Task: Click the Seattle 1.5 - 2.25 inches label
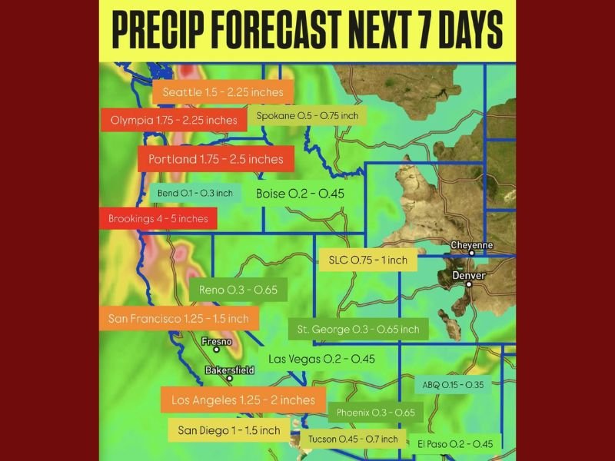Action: (x=223, y=92)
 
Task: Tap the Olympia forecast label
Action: (x=174, y=120)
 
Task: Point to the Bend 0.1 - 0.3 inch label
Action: (x=194, y=193)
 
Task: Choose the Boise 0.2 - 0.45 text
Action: (x=299, y=194)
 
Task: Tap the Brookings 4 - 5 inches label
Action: (x=158, y=218)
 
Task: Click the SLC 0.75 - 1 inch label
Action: (x=367, y=260)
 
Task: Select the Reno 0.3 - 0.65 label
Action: (x=238, y=290)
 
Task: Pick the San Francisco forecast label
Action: (x=179, y=318)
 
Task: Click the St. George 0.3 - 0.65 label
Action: (x=358, y=330)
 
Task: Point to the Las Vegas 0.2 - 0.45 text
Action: (x=321, y=359)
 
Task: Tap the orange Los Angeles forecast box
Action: (x=243, y=400)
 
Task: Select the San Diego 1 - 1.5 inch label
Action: (x=229, y=430)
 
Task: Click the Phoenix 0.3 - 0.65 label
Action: (x=376, y=413)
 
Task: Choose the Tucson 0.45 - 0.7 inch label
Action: (x=353, y=439)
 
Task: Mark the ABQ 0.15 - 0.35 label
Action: (x=453, y=385)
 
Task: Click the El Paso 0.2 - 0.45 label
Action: (x=455, y=443)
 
